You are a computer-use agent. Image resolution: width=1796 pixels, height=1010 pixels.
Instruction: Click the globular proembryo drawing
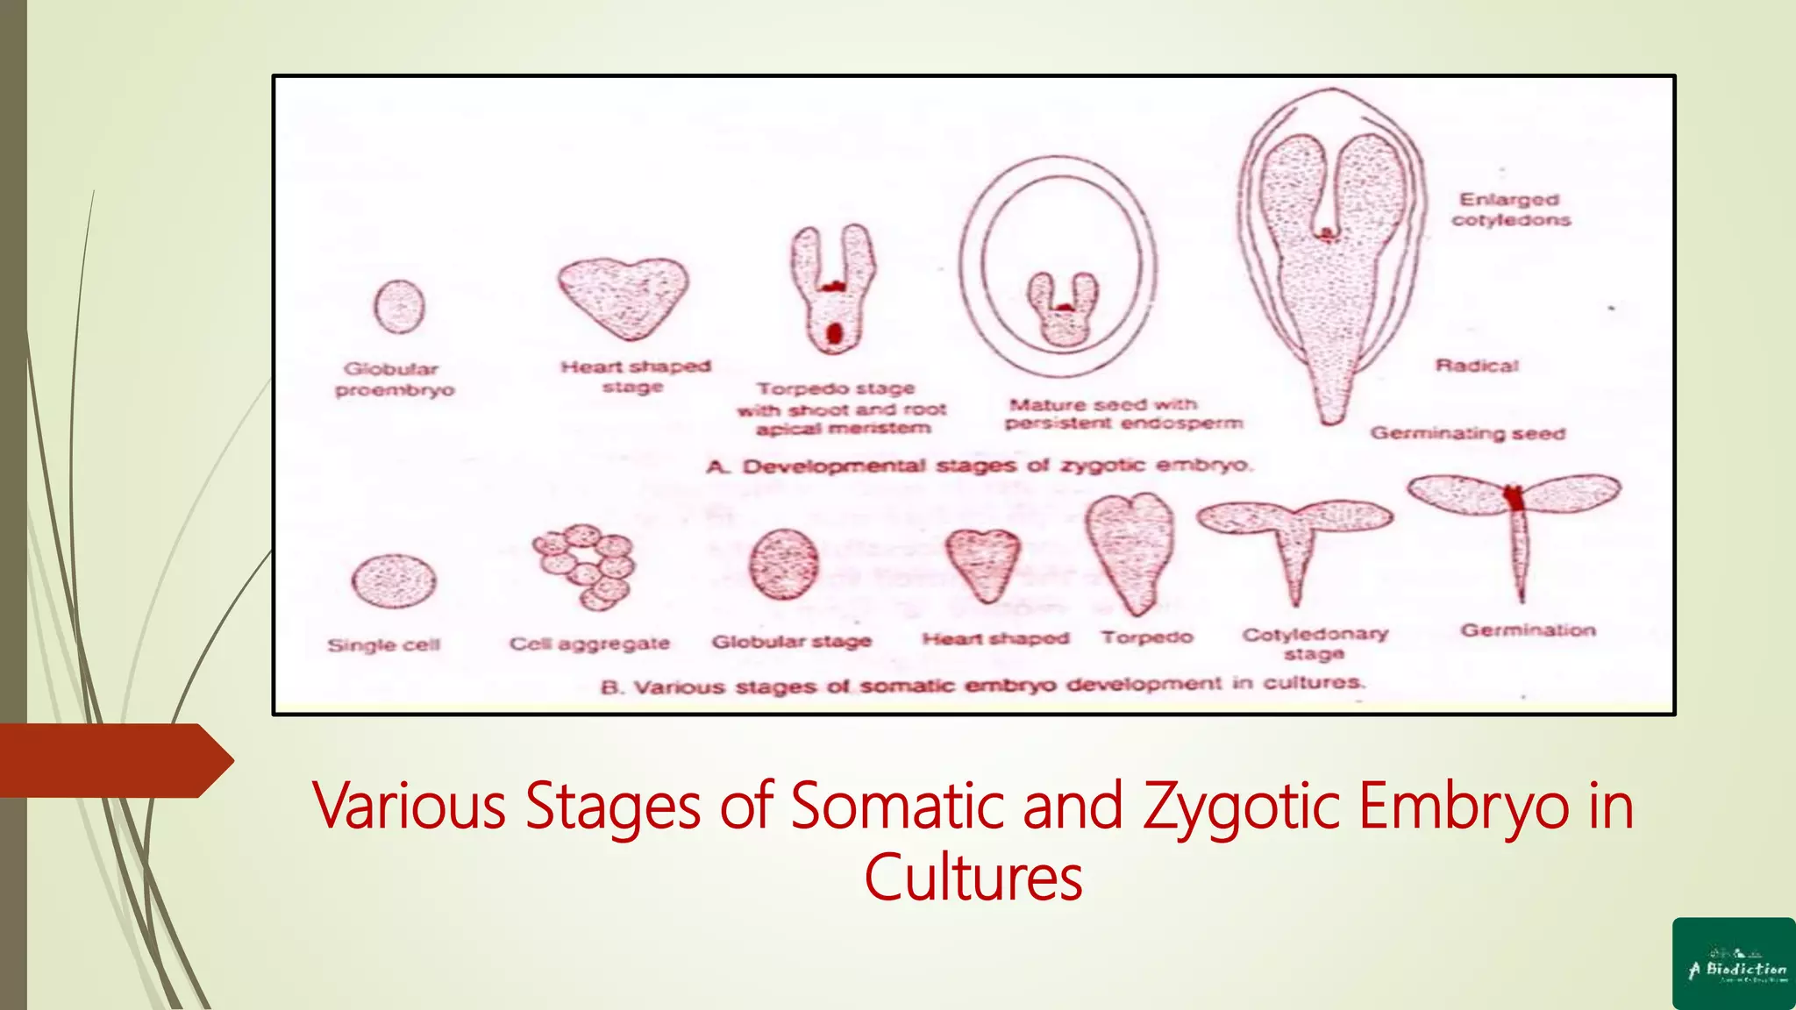pos(400,307)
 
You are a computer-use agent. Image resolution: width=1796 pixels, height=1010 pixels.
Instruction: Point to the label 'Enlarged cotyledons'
pos(1510,210)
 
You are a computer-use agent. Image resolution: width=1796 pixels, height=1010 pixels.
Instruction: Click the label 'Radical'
pos(1477,366)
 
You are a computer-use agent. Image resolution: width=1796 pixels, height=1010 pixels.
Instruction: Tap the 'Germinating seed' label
pos(1467,433)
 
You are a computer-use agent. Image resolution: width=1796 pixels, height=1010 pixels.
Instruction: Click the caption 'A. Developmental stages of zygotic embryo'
pos(980,466)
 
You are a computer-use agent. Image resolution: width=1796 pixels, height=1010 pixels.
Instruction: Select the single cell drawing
pos(394,581)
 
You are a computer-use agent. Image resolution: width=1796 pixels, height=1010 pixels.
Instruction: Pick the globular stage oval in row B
pos(784,565)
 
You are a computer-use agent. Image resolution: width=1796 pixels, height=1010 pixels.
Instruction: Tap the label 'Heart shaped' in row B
pos(995,638)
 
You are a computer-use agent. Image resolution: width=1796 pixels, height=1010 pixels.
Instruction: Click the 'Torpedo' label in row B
pos(1147,637)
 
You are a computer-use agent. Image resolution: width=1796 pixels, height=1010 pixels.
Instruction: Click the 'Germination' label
pos(1528,630)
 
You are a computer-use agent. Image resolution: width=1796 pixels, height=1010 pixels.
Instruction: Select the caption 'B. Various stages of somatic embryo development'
pos(982,685)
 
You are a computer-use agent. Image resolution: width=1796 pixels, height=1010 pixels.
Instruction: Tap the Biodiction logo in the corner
pos(1734,964)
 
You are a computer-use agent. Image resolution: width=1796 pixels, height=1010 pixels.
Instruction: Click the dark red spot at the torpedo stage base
pos(834,333)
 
